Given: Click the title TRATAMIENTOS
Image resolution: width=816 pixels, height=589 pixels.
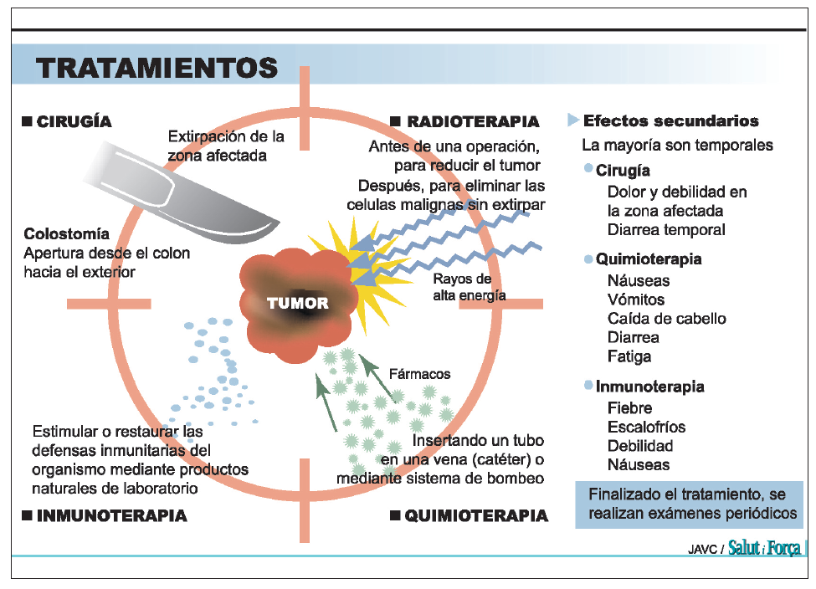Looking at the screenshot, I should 157,67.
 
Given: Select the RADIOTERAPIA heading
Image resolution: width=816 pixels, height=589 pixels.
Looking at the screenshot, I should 473,122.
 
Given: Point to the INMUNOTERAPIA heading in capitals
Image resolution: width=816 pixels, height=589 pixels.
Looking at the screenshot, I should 111,515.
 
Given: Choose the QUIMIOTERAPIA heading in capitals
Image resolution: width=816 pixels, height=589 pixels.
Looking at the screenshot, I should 476,516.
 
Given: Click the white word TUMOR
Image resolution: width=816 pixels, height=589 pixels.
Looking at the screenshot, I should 298,303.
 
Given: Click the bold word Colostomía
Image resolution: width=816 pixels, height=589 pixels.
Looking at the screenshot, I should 67,234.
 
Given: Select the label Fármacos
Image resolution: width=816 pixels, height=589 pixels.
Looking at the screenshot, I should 420,374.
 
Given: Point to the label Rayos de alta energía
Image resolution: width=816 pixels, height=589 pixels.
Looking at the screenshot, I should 469,287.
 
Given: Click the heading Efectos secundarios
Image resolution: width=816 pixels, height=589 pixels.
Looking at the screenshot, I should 671,121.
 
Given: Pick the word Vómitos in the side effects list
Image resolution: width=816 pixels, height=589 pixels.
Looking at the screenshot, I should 636,300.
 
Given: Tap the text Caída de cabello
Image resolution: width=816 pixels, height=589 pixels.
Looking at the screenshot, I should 667,319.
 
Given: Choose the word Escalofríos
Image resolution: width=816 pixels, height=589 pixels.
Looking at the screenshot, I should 646,427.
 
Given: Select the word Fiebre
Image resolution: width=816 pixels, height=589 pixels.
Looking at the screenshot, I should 629,408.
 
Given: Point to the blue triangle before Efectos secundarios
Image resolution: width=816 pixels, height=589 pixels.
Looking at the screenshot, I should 573,120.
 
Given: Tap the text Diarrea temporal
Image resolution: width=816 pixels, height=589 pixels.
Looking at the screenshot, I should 666,229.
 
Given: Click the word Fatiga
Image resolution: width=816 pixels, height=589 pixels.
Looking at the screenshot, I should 629,356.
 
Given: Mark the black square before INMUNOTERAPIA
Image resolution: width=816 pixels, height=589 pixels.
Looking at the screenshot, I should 28,515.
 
